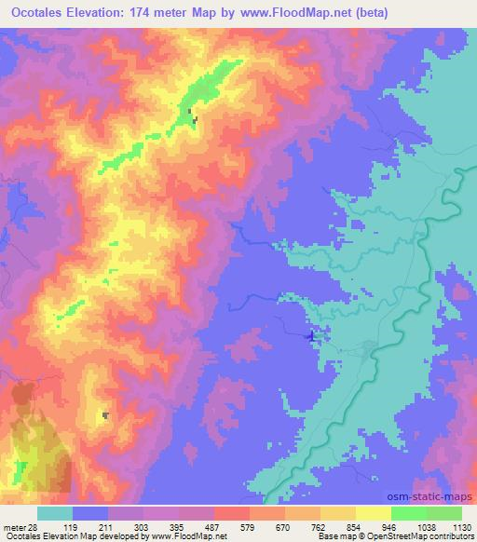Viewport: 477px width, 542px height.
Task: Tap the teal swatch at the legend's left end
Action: point(55,513)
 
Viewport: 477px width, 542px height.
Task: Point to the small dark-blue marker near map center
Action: point(310,335)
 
